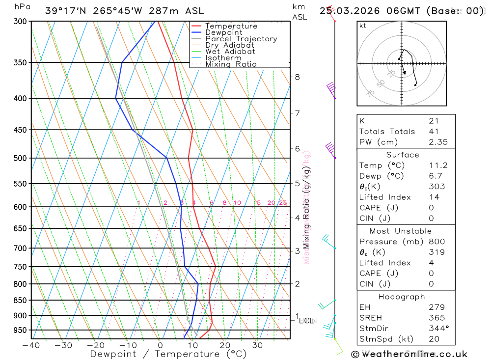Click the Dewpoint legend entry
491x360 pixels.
(x=223, y=32)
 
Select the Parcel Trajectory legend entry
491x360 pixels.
(x=241, y=39)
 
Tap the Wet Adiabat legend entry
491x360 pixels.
(x=230, y=52)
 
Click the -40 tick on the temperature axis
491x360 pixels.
(x=30, y=345)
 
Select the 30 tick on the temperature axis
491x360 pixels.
(x=257, y=345)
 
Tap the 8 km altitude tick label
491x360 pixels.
(x=297, y=77)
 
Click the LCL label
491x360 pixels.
(x=306, y=321)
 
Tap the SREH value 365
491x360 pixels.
(x=436, y=318)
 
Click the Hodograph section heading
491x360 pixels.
(x=402, y=297)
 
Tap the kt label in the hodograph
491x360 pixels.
(x=362, y=26)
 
